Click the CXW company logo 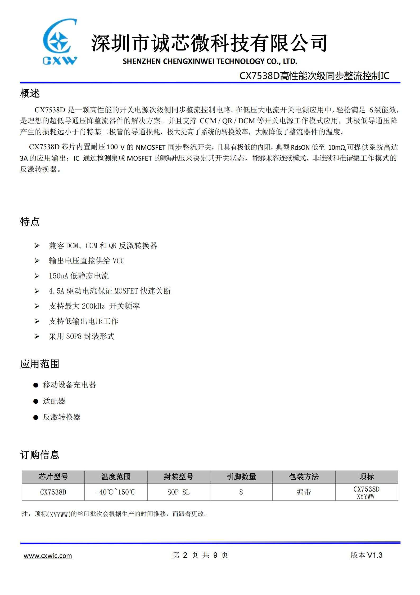click(x=60, y=42)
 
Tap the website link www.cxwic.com click(x=48, y=556)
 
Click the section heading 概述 click(x=30, y=93)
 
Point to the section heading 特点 click(x=30, y=222)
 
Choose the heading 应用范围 click(x=39, y=364)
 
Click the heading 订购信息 click(x=39, y=455)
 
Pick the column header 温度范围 click(x=116, y=477)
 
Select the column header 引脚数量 click(x=241, y=477)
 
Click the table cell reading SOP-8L click(x=178, y=492)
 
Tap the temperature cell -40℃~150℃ click(x=116, y=492)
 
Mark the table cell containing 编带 click(x=304, y=492)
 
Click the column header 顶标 click(x=367, y=477)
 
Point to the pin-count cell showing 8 click(x=241, y=492)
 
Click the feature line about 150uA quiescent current click(x=79, y=276)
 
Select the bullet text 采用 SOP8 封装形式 click(x=82, y=336)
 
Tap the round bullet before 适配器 click(x=36, y=401)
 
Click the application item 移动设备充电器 click(x=69, y=385)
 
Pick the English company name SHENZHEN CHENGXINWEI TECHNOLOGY click(x=210, y=61)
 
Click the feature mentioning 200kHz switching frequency click(x=94, y=306)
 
